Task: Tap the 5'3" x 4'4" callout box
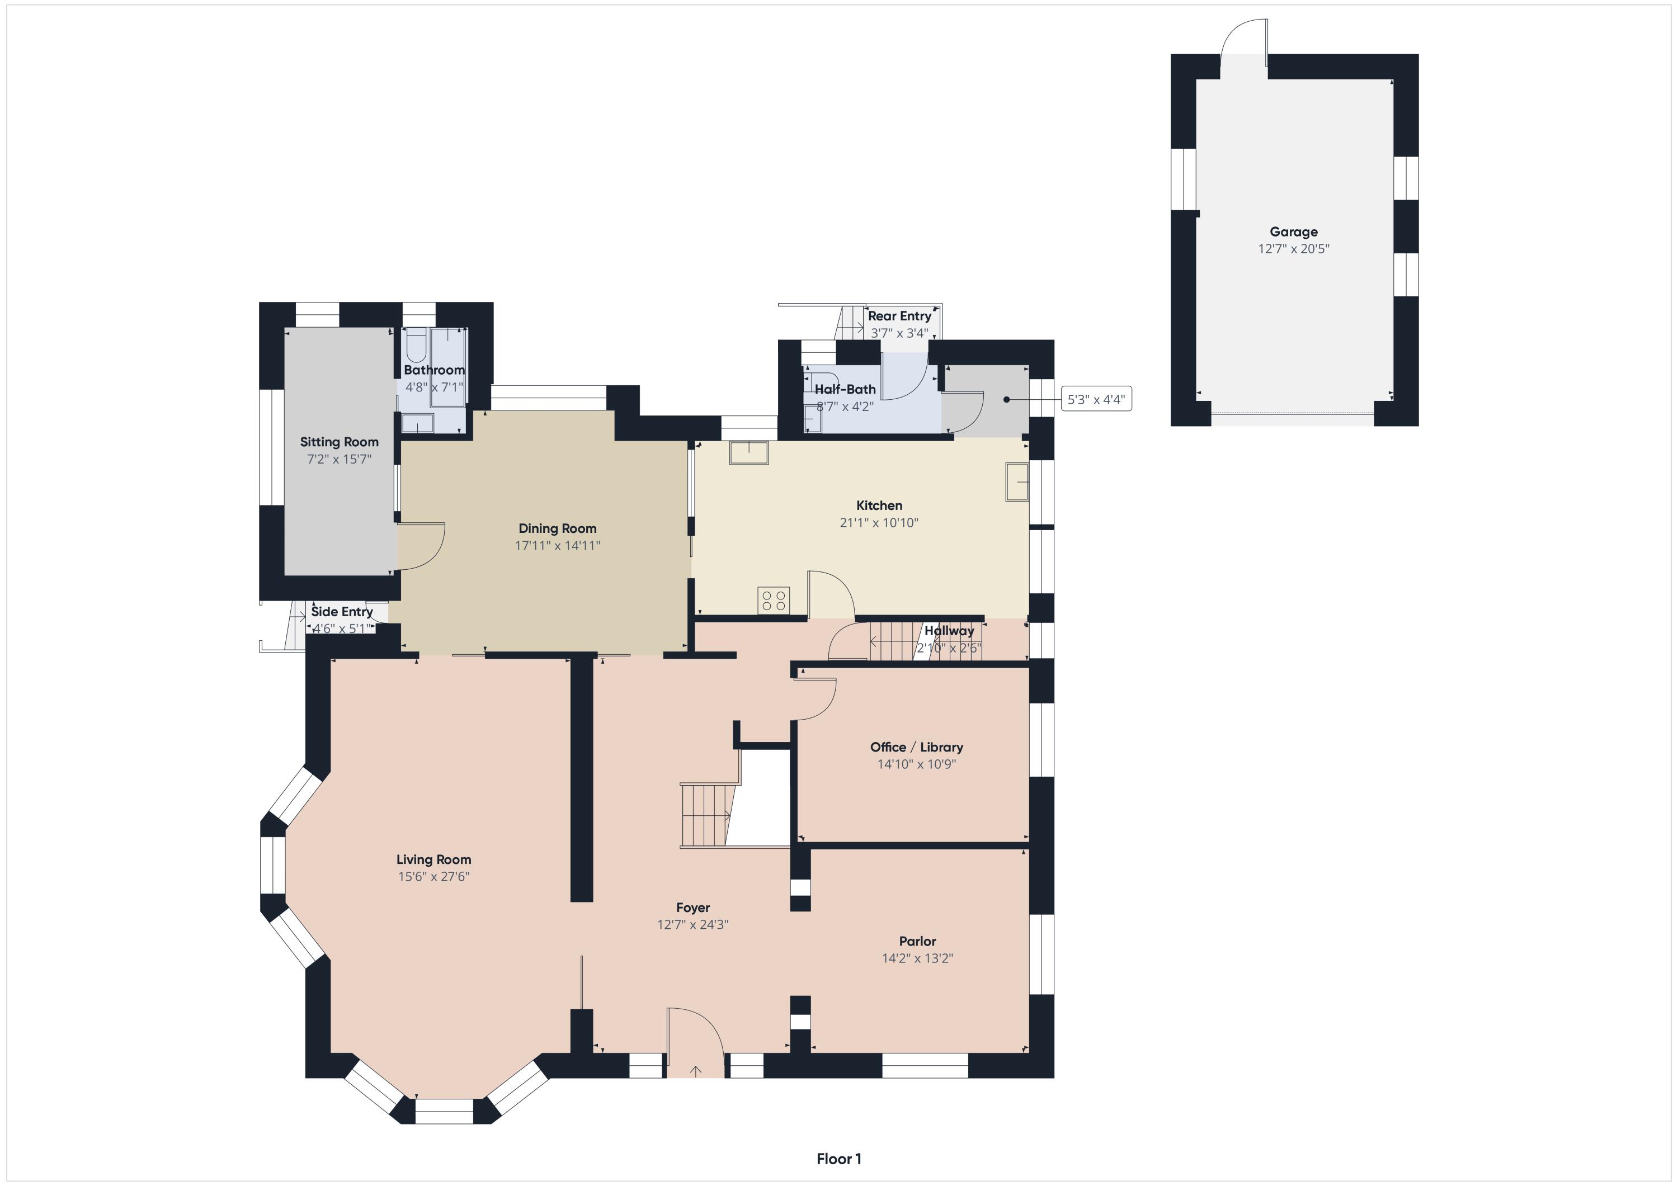point(1096,399)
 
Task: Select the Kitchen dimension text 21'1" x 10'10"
point(879,522)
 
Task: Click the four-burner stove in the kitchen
point(773,601)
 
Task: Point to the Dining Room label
point(557,528)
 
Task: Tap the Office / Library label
point(917,747)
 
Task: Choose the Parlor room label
point(917,941)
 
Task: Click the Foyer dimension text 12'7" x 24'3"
point(693,924)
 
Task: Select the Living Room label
point(433,859)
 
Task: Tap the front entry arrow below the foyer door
point(696,1071)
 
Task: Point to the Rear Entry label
point(899,316)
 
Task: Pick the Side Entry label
point(342,612)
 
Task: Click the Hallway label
point(949,631)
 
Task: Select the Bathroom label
point(434,370)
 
